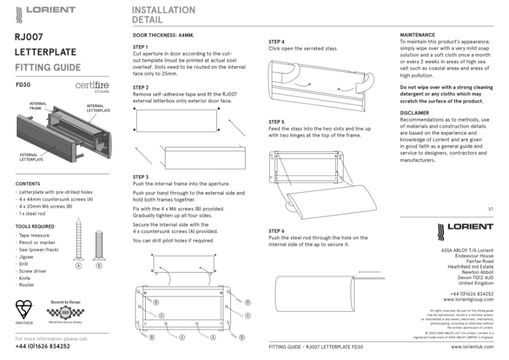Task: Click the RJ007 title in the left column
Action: (29, 37)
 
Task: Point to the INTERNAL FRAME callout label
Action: (35, 106)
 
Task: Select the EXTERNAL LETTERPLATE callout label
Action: (32, 157)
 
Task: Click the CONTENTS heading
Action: (27, 184)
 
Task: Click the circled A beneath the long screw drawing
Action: (78, 266)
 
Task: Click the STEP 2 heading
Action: (141, 87)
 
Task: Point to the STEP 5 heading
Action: (276, 121)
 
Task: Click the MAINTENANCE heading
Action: (417, 34)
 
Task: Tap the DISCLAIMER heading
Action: (414, 113)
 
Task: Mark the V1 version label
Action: (491, 209)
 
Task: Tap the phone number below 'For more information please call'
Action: (43, 347)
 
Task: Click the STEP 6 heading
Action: (276, 231)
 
